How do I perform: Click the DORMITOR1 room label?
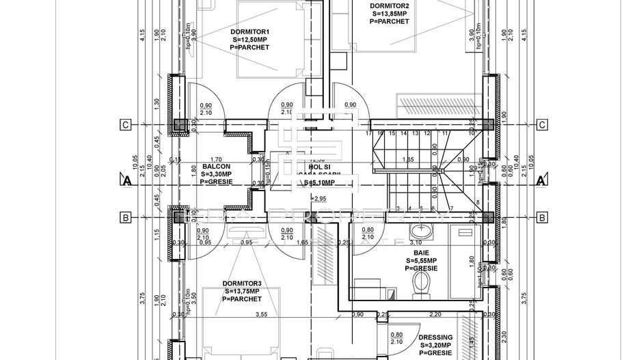click(250, 31)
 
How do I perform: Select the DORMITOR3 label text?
click(242, 283)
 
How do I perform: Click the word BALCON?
click(215, 166)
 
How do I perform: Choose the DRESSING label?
click(435, 337)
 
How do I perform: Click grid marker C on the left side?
click(125, 124)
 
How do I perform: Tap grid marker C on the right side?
click(541, 124)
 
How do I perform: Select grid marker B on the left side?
click(125, 218)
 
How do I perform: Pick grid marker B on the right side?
click(541, 218)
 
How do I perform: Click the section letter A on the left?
click(125, 181)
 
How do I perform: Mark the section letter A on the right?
click(541, 181)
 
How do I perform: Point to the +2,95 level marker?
click(319, 198)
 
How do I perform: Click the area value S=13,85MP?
click(389, 13)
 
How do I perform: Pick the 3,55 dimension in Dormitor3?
click(260, 315)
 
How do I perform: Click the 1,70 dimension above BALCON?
click(216, 159)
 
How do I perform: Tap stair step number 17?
click(368, 134)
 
